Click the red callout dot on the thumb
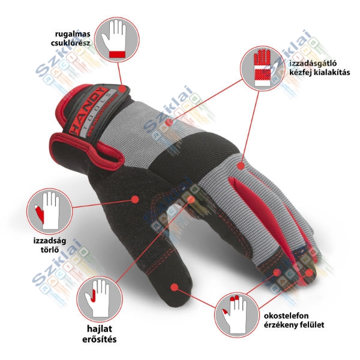coord(173,287)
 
